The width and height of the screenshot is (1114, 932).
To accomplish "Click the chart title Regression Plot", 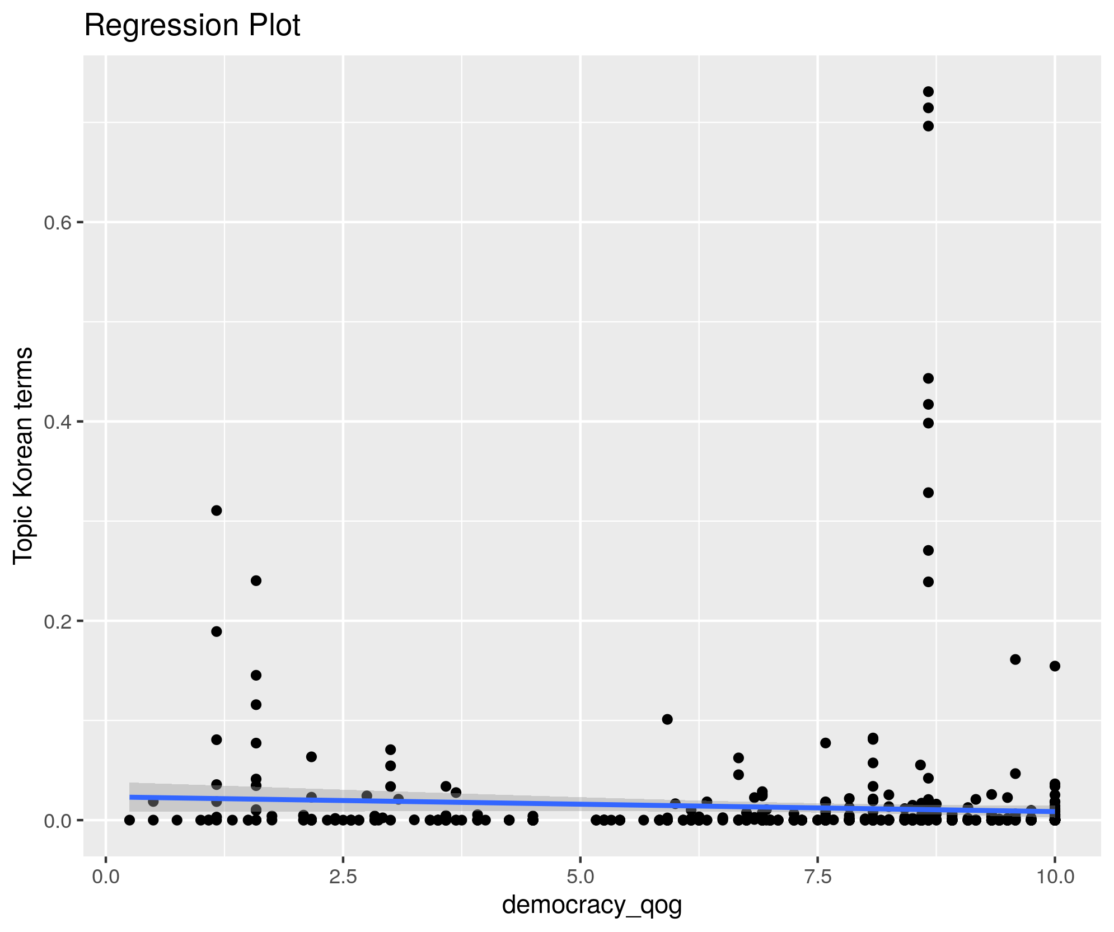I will click(x=192, y=26).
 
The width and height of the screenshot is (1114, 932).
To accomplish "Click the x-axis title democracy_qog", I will click(x=592, y=905).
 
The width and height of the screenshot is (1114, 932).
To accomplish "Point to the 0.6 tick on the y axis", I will click(x=59, y=223).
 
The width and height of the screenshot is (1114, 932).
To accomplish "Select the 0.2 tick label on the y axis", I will click(x=59, y=621).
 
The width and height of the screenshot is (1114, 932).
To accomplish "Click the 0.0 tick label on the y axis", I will click(x=59, y=820).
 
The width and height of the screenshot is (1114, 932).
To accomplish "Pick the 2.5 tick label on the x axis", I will click(x=343, y=877).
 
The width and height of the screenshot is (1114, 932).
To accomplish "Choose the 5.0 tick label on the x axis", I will click(x=581, y=877).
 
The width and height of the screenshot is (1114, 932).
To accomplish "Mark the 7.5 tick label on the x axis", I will click(x=818, y=877).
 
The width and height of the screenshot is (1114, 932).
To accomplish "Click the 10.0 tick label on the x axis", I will click(x=1055, y=877).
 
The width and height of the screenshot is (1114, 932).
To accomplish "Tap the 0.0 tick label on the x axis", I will click(x=106, y=877).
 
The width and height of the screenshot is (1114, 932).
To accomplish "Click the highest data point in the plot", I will click(x=928, y=92).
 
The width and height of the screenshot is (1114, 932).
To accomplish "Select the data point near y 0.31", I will click(x=217, y=511).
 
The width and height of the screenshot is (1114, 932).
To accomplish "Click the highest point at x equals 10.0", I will click(x=1055, y=666).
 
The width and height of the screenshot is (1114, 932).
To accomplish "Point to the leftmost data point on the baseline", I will click(x=129, y=820).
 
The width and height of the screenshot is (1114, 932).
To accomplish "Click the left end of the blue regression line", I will click(x=130, y=797).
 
